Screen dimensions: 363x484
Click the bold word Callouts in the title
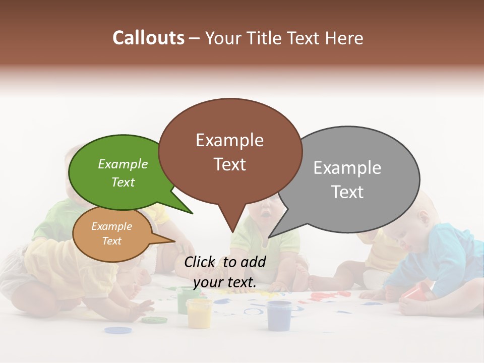coord(148,38)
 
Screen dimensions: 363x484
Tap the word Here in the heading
coord(344,38)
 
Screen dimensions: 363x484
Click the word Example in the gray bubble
coord(347,168)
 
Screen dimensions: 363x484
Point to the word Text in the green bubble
coord(123,183)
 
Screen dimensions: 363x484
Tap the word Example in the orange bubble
coord(111,226)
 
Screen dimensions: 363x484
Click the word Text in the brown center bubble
coord(230,164)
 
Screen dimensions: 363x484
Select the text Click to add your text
coord(225,272)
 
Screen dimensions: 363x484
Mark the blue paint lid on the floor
coord(118,330)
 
